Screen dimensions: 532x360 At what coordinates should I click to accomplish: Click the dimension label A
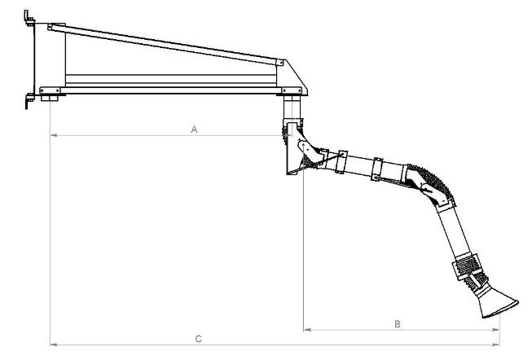coord(194,130)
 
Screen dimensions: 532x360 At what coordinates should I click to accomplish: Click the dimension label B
coord(398,324)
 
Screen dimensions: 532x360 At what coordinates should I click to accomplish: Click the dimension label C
coord(199,339)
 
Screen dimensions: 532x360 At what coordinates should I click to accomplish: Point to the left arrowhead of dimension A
coord(54,135)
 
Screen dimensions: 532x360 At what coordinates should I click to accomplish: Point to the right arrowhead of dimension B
coord(495,330)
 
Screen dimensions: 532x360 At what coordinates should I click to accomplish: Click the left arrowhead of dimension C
coord(54,345)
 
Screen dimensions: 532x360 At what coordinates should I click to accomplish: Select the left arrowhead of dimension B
coord(307,330)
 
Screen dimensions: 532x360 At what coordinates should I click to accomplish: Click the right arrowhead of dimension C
coord(495,345)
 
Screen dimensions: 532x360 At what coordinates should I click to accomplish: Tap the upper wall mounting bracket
coord(29,18)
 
